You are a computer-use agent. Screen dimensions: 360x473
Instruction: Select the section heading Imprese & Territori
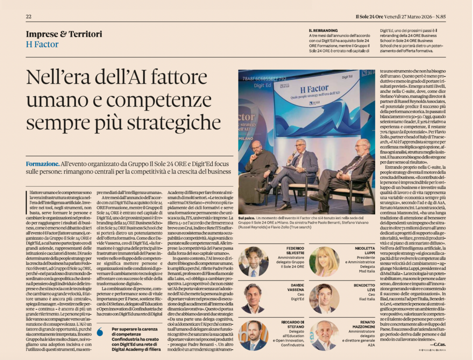coord(64,34)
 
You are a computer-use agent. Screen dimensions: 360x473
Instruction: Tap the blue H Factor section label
coord(42,44)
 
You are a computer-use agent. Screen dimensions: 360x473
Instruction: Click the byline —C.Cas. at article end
coord(438,344)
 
